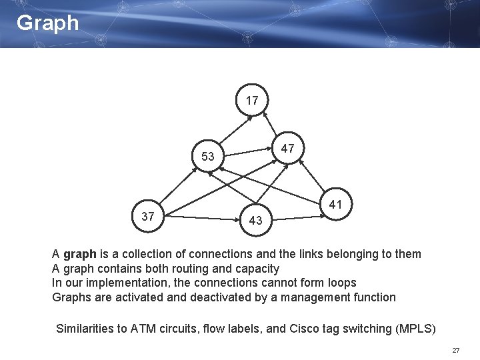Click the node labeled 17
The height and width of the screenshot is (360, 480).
252,101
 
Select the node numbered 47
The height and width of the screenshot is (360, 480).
287,148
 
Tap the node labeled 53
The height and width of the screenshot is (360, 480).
208,157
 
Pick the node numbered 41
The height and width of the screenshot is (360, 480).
335,205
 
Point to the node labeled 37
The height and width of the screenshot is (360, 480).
148,216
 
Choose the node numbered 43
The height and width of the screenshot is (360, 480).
255,220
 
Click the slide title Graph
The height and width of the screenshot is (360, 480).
47,23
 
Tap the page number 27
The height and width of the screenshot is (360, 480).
456,350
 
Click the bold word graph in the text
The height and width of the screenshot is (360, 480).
80,254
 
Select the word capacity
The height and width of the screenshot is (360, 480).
256,269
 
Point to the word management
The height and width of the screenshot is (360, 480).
313,297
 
